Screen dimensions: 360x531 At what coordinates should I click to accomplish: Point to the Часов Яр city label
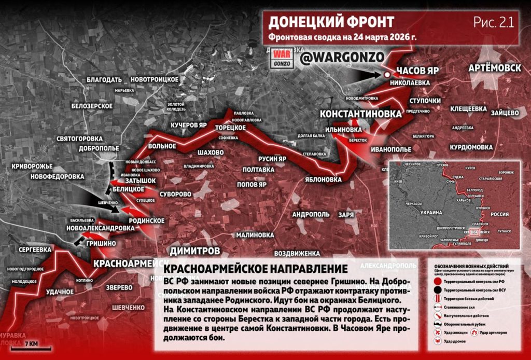click(x=418, y=70)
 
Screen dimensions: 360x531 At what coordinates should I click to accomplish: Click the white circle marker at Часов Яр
click(x=387, y=75)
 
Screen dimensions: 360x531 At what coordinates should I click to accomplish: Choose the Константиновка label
click(x=360, y=114)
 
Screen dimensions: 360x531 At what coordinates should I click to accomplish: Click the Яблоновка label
click(x=324, y=179)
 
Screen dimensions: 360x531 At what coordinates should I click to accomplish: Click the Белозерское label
click(x=92, y=106)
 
